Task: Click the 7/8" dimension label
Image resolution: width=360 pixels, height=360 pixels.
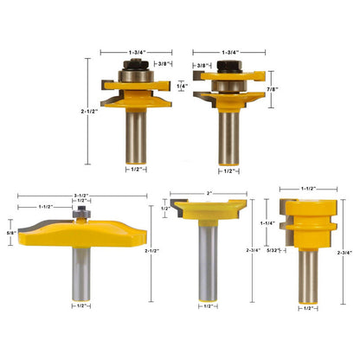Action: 273,89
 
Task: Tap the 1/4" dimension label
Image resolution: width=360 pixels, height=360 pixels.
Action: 182,86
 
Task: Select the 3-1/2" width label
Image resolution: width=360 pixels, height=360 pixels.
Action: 81,196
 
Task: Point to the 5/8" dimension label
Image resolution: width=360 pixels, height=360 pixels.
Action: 11,232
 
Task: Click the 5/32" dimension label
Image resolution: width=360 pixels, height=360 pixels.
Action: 273,250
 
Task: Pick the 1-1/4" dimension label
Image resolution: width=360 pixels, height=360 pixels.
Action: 267,223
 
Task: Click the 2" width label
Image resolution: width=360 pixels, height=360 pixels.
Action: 209,193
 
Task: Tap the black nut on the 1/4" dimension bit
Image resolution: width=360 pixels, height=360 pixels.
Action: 136,65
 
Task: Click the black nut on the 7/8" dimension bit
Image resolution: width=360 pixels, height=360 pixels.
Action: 229,67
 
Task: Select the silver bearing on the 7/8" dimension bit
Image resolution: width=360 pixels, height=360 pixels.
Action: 229,86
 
